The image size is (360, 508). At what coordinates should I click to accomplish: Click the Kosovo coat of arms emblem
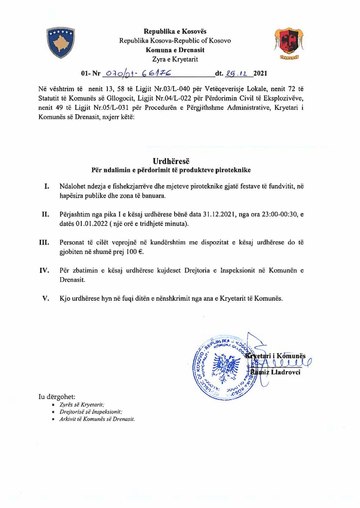click(x=61, y=42)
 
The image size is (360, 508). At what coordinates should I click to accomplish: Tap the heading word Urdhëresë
click(x=171, y=161)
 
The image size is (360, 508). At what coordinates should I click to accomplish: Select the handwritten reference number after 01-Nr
click(x=138, y=73)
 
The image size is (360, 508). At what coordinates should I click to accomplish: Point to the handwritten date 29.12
click(x=237, y=73)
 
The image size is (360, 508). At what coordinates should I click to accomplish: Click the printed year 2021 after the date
click(x=260, y=73)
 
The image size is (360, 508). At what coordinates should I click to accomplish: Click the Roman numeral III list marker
click(x=44, y=242)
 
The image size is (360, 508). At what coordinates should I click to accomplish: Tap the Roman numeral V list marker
click(x=46, y=298)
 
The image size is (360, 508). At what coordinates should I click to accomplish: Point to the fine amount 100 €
click(x=134, y=252)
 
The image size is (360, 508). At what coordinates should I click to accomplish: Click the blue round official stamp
click(x=223, y=368)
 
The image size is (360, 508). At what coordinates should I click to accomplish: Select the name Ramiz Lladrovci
click(x=276, y=372)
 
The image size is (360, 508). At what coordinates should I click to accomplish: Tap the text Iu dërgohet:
click(x=57, y=397)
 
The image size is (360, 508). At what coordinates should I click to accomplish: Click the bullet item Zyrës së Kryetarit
click(x=82, y=405)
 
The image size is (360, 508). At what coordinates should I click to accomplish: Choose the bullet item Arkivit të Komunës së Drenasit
click(x=97, y=419)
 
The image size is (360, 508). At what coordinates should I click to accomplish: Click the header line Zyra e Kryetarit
click(x=175, y=59)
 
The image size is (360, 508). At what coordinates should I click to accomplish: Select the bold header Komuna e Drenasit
click(x=175, y=50)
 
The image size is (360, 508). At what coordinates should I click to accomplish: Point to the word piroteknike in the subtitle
click(x=233, y=170)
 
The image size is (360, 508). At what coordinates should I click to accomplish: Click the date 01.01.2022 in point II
click(x=91, y=224)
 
